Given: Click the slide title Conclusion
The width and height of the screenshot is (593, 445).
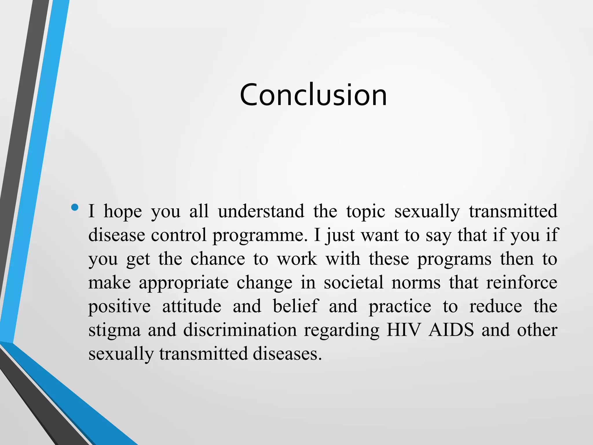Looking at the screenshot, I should click(313, 95).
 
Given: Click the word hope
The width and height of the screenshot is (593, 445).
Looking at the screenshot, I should click(123, 211).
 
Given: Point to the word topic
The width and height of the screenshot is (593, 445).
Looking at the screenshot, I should click(366, 212).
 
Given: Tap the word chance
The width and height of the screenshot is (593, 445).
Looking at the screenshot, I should click(217, 258).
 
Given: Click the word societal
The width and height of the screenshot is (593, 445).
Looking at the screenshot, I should click(354, 282).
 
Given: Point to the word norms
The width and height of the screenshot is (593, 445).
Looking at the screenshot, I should click(416, 283).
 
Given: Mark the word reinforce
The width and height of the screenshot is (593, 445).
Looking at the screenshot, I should click(522, 282).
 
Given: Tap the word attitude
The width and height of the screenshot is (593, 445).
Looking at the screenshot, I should click(192, 306).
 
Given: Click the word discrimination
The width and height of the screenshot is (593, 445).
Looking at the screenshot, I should click(240, 330).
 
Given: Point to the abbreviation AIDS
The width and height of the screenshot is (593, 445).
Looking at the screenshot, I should click(451, 330).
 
